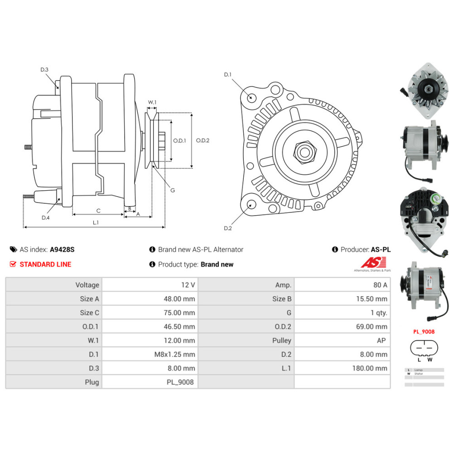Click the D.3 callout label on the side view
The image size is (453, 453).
(x=44, y=69)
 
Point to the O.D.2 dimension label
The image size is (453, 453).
(x=202, y=140)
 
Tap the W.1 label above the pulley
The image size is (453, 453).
(x=152, y=102)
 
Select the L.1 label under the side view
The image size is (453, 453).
(x=96, y=222)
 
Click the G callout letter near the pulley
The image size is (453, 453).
(x=173, y=190)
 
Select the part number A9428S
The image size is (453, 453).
(x=62, y=250)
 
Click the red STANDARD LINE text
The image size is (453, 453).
(x=45, y=265)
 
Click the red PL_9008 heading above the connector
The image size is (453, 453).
(x=424, y=332)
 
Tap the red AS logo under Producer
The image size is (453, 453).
(x=373, y=263)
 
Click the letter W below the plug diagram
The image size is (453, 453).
(x=429, y=360)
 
